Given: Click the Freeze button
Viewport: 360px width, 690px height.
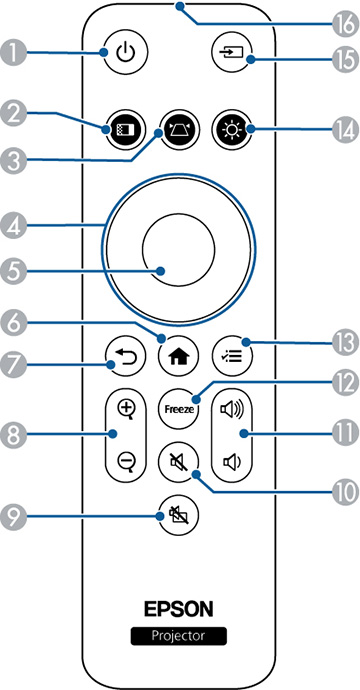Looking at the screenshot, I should tap(180, 409).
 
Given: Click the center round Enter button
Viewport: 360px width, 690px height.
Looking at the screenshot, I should tap(179, 248).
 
